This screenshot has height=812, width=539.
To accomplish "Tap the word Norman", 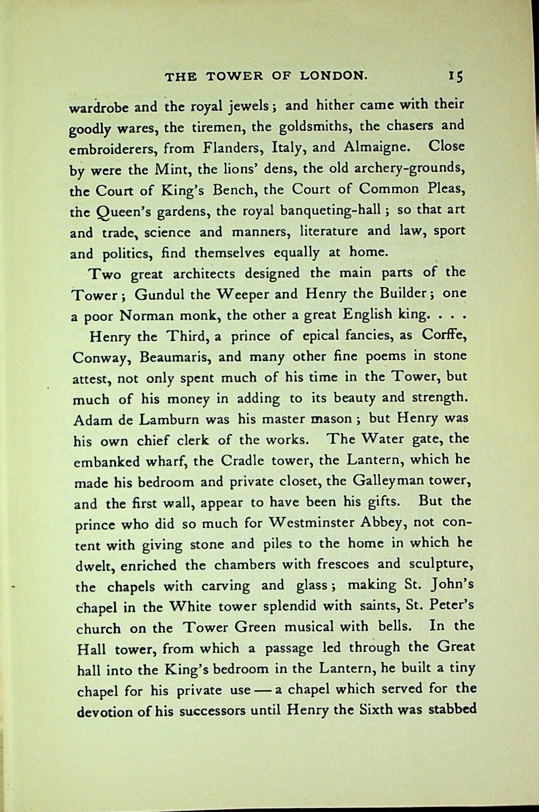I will pyautogui.click(x=144, y=315).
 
